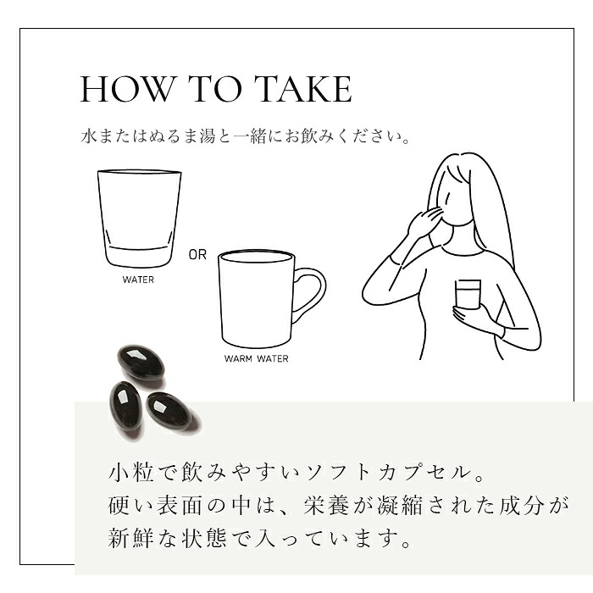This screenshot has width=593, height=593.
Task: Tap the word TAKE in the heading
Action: click(303, 89)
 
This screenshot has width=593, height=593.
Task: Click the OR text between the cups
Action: click(197, 255)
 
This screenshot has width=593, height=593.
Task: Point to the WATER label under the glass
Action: click(138, 280)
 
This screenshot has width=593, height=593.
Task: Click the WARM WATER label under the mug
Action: click(256, 358)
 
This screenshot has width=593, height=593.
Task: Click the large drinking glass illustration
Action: click(139, 219)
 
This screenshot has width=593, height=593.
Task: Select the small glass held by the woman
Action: click(468, 295)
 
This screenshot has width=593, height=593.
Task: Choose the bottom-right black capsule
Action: click(169, 412)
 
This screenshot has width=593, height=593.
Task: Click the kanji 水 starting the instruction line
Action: click(88, 136)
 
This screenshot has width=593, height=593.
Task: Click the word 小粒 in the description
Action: click(130, 473)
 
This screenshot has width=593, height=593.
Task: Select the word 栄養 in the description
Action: click(326, 505)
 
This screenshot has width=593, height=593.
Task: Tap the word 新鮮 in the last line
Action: click(130, 539)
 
